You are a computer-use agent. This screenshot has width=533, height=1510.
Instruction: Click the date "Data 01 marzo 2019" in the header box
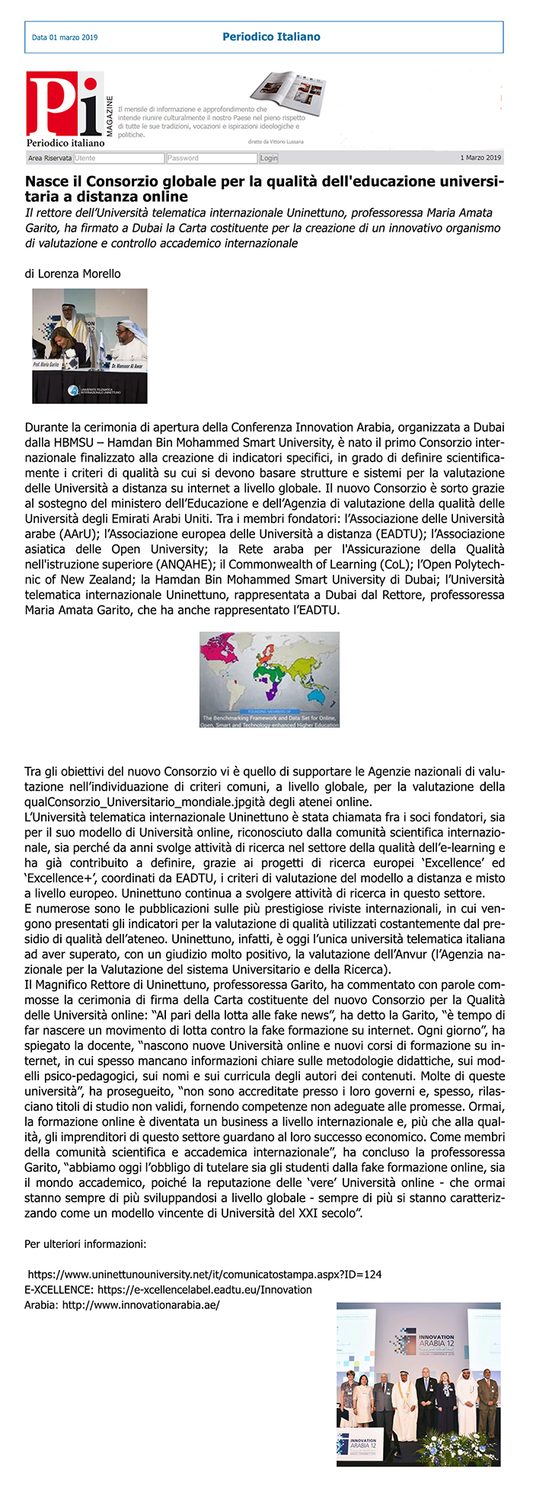(x=65, y=37)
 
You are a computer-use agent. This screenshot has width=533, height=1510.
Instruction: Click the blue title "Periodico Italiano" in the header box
(x=271, y=37)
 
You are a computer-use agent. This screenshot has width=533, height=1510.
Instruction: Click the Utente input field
(x=119, y=158)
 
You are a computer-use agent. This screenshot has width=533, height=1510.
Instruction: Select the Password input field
(x=212, y=158)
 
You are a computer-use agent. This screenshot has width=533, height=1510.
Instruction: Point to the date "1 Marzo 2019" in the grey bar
(x=480, y=158)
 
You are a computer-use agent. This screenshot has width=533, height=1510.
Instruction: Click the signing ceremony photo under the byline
(x=90, y=345)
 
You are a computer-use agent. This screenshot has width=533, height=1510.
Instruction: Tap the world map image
(x=270, y=679)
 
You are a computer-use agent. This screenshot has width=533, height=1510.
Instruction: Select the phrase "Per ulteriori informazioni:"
(x=85, y=1244)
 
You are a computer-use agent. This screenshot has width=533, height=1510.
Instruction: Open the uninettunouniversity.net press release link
(x=205, y=1274)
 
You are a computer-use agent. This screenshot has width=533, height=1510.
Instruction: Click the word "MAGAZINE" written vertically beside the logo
(x=110, y=116)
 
